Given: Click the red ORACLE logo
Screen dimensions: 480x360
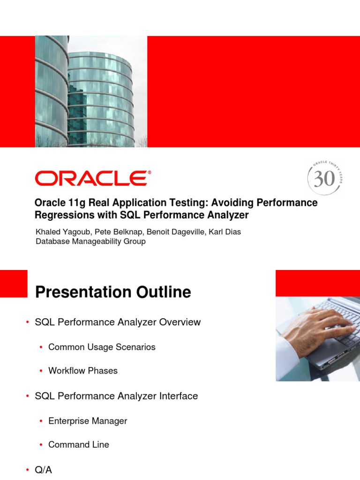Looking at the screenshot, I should point(93,179).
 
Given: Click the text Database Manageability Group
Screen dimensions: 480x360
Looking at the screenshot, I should point(90,241).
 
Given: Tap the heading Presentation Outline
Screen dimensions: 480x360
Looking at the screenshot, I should point(113,292).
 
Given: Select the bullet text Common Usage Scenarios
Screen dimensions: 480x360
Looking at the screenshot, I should point(102,347).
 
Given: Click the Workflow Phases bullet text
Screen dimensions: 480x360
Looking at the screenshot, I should point(83,371).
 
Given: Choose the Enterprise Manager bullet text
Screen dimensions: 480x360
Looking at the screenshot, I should point(88,421).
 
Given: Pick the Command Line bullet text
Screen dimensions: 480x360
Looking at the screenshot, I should point(79,444).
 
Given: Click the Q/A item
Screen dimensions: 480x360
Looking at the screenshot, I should point(44,470).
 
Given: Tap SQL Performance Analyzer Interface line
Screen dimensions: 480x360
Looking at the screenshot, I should point(116,396).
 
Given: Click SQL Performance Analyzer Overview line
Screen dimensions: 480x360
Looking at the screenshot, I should point(118,322).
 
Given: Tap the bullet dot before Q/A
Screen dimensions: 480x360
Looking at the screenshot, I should point(28,470).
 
